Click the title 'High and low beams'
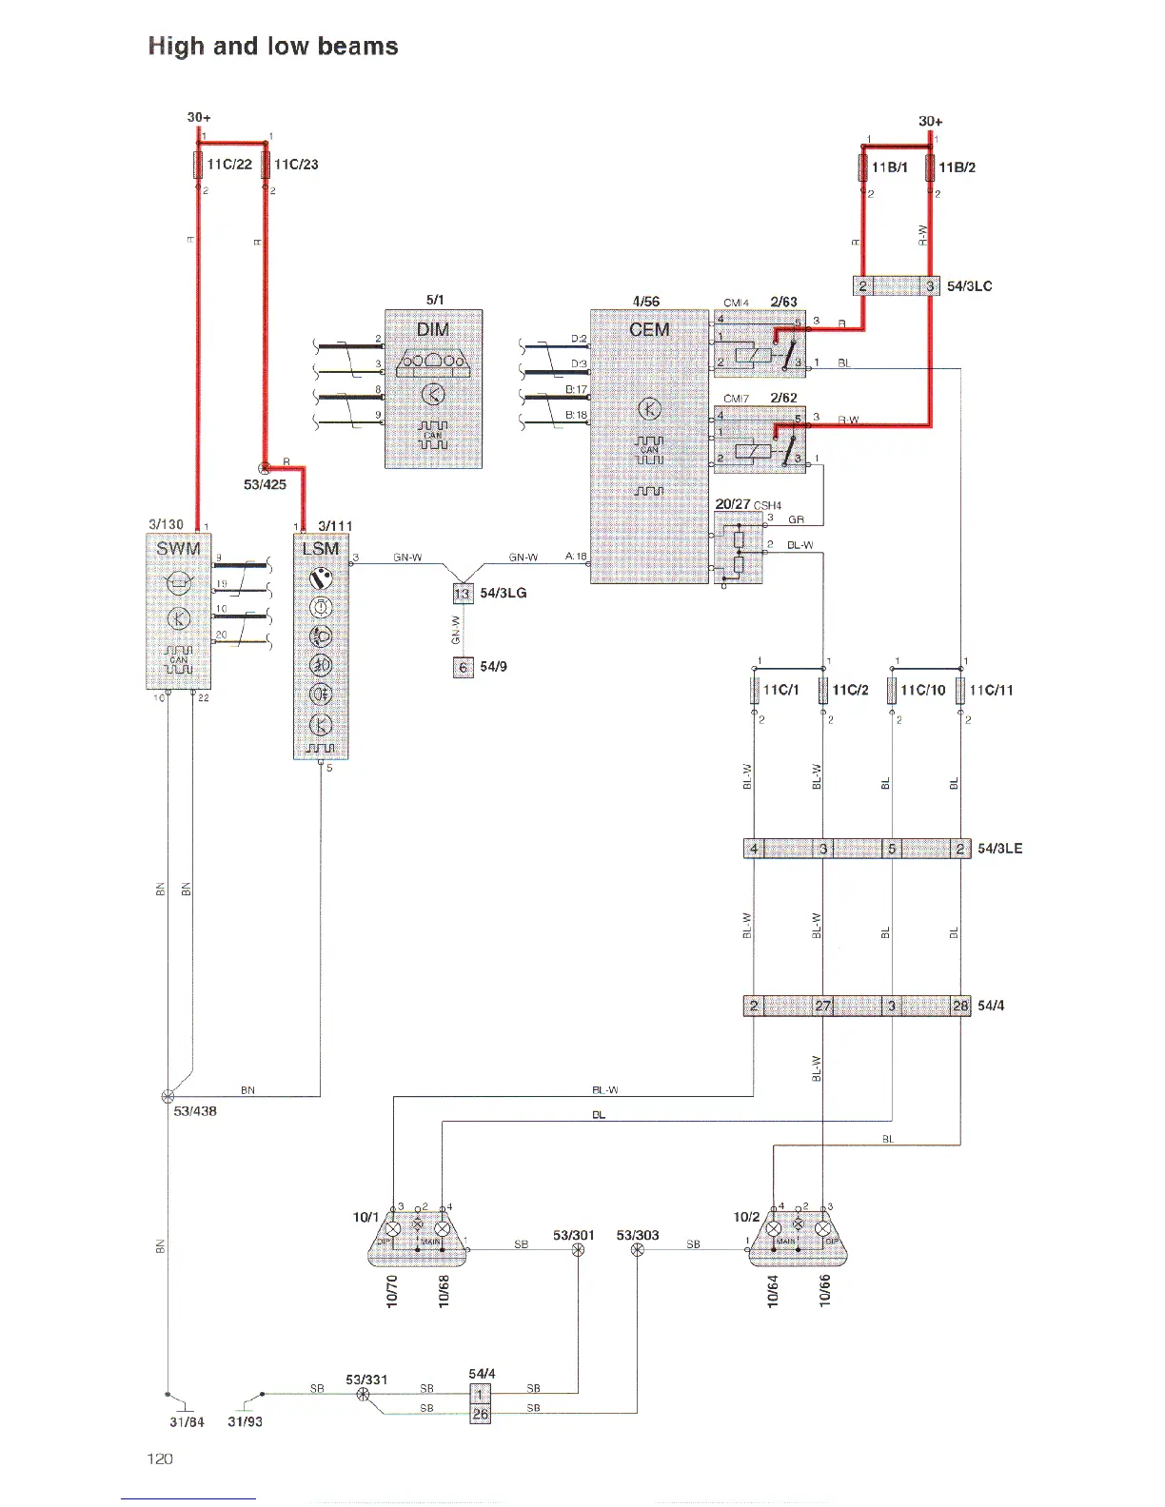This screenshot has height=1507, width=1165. [273, 47]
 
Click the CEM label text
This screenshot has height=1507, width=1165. [649, 329]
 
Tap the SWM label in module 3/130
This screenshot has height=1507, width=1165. [178, 548]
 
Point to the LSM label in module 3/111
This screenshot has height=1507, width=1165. [320, 548]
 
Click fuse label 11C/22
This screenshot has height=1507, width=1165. [229, 165]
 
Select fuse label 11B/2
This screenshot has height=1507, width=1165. [957, 167]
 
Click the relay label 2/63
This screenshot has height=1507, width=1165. [783, 302]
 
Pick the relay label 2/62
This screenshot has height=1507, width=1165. [783, 398]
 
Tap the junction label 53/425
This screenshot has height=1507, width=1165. [265, 484]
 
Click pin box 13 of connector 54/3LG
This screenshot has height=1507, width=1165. [463, 594]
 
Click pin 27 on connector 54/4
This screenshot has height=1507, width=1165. [823, 1006]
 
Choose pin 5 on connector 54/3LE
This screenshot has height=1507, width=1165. [892, 849]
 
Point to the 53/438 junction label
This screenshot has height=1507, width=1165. [195, 1111]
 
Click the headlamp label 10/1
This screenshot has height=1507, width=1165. [365, 1217]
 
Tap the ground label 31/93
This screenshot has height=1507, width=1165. [245, 1421]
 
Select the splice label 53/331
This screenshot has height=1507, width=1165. [366, 1380]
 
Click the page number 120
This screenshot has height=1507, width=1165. [160, 1458]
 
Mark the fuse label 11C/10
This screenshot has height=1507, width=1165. [923, 690]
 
